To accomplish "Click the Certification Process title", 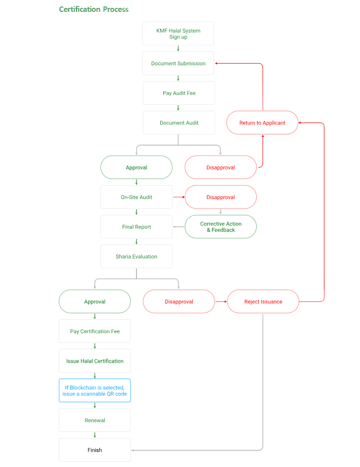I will [93, 9].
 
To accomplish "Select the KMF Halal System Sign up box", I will [178, 34].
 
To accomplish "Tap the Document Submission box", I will [178, 63].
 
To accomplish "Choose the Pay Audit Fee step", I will [179, 93].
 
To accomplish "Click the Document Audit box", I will [179, 123].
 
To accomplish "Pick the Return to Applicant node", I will [262, 123].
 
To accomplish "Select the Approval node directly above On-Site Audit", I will [136, 168].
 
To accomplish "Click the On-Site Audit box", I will [136, 197].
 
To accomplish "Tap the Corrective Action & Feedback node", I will [221, 227].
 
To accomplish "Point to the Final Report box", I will [136, 227].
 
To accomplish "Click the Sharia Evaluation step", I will [136, 256].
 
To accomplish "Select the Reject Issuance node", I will [263, 301].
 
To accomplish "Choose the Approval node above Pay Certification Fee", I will [94, 301].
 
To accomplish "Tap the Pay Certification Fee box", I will [94, 331].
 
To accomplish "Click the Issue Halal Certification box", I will [94, 361].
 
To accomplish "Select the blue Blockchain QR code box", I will [94, 390].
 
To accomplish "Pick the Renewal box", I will [94, 420].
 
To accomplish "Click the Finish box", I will [94, 450].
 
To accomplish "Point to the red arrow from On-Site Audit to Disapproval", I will [179, 197].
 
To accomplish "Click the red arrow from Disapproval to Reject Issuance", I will [221, 301].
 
